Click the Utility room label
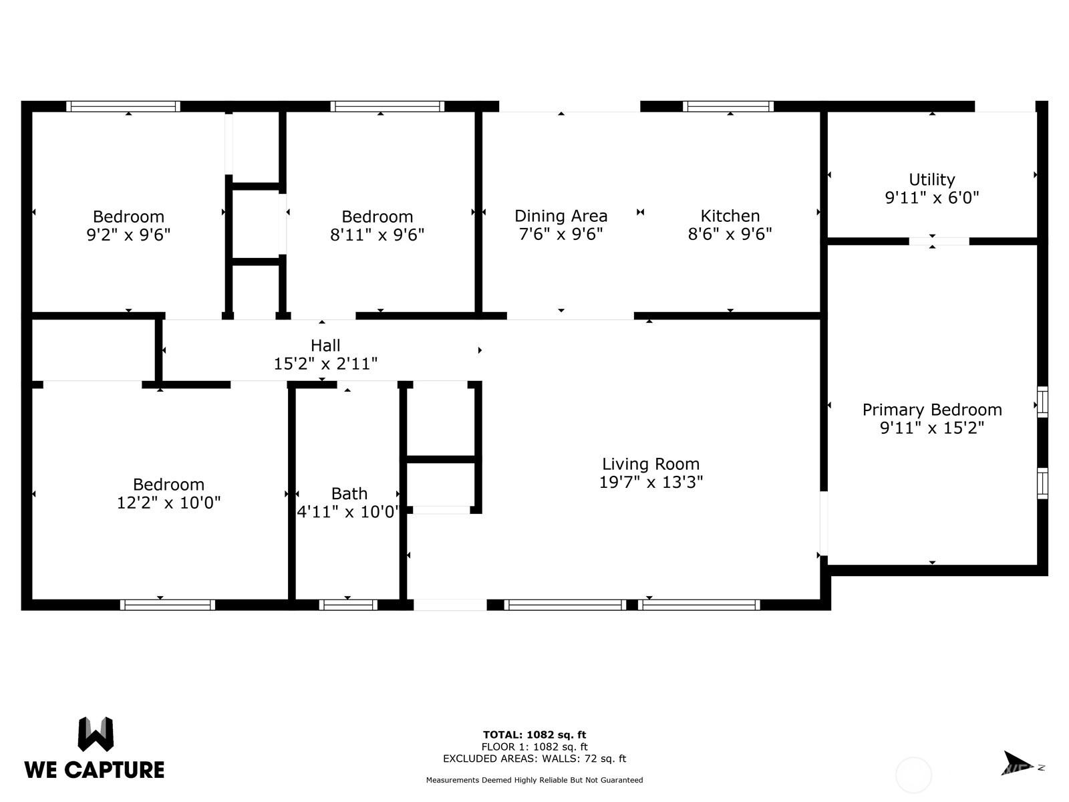click(931, 180)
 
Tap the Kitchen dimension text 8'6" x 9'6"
click(730, 234)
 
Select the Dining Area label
click(561, 216)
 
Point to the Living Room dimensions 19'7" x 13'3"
click(651, 482)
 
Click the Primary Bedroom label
click(932, 410)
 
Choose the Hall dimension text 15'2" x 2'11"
click(325, 364)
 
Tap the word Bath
click(349, 494)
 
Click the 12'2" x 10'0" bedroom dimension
click(168, 503)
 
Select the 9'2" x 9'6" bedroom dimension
click(128, 235)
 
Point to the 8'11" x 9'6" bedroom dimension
click(377, 235)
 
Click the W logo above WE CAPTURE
click(96, 734)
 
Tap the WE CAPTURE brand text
click(94, 770)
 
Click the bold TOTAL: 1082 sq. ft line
click(534, 734)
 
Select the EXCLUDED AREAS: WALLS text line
click(534, 759)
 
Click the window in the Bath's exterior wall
click(348, 605)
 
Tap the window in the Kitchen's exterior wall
click(728, 106)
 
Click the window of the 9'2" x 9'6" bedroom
click(123, 106)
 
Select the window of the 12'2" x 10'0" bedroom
click(168, 605)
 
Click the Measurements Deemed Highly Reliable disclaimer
click(534, 780)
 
